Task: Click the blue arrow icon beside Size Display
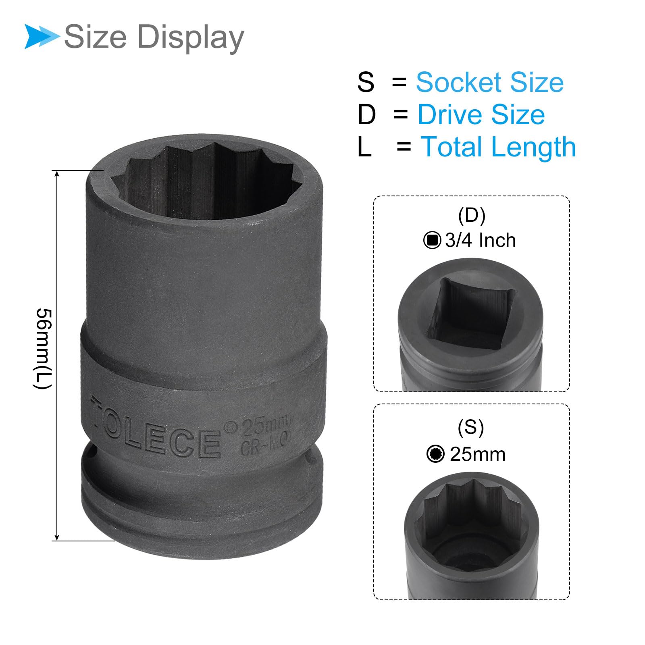point(42,36)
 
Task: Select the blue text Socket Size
point(489,82)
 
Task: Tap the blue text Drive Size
point(481,114)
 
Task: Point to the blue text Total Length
point(498,147)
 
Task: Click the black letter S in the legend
point(366,82)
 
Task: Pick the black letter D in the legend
point(366,114)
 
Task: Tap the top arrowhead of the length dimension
point(57,174)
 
